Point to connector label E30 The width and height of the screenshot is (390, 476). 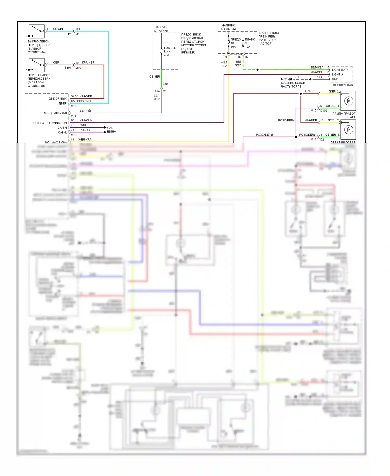pos(165,84)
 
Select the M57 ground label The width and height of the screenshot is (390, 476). pos(284,79)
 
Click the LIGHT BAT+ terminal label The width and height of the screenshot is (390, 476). pos(340,70)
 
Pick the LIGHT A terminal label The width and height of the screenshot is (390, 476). pos(337,74)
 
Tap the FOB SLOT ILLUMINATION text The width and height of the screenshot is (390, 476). pos(49,123)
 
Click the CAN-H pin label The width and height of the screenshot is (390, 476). pos(62,128)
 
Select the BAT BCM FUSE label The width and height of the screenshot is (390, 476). pos(56,142)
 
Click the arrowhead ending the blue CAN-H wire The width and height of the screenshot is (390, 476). pos(105,127)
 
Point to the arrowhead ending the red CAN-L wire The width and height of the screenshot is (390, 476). pos(105,132)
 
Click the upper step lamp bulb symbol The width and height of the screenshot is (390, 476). pos(349,101)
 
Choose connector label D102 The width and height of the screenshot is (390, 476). pos(324,111)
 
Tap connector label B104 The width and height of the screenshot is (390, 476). pos(68,68)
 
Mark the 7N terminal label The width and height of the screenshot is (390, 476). pos(225,57)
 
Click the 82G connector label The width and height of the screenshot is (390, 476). pos(157,91)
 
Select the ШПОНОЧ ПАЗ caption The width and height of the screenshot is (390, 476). pos(343,85)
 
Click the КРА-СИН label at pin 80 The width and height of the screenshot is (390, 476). pos(86,120)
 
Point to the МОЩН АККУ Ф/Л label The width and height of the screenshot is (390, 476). pos(55,113)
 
